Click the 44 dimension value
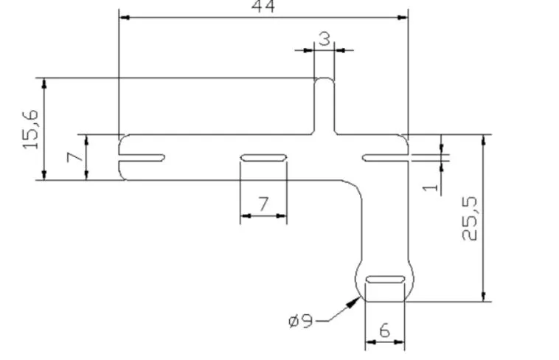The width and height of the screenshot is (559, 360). click(263, 7)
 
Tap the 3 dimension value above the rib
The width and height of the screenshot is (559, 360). click(324, 39)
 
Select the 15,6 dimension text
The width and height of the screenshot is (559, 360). click(31, 129)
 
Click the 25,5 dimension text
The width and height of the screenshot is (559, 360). click(469, 218)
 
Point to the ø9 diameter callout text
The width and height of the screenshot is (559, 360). click(301, 321)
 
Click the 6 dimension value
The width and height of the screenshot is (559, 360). click(385, 331)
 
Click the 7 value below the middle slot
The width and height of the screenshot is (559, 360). click(263, 204)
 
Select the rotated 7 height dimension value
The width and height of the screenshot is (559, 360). click(75, 157)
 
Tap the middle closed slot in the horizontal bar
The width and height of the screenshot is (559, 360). click(263, 158)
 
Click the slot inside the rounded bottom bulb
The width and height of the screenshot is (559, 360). click(386, 280)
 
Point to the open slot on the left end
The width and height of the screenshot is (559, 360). click(142, 158)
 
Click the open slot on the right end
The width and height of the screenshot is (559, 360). click(386, 158)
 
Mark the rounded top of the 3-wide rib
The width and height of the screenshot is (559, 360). click(324, 78)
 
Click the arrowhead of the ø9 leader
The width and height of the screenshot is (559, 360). click(355, 302)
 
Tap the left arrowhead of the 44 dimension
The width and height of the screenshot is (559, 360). click(125, 17)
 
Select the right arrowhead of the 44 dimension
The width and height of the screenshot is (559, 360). click(403, 17)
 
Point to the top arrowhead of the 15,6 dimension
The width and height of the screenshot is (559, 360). click(44, 83)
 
